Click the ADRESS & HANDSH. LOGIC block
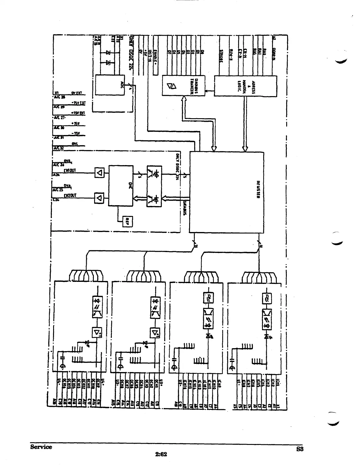point(245,85)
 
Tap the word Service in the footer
point(41,447)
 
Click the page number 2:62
point(161,454)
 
